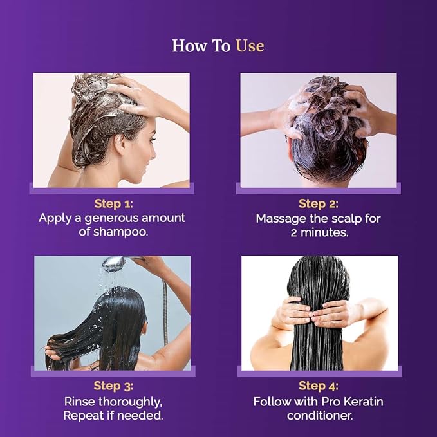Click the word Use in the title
[250, 46]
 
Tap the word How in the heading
[190, 46]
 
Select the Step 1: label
[114, 203]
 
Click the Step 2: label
[319, 203]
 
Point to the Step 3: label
[113, 386]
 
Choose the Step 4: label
[319, 386]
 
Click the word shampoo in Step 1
[120, 232]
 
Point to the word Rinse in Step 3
[80, 402]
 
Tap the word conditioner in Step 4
[320, 416]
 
